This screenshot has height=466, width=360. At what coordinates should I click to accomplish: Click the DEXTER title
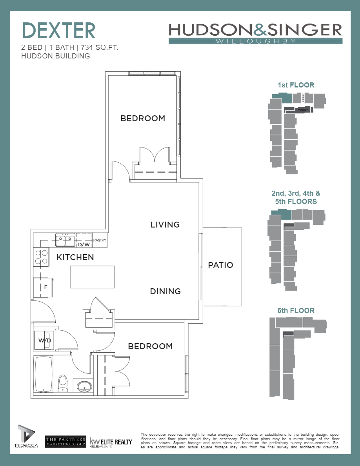[x=58, y=31]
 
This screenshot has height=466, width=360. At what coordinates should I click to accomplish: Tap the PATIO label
[x=220, y=265]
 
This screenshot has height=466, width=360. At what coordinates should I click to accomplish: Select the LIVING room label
[x=165, y=225]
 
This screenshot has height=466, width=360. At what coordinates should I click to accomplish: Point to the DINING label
[x=165, y=291]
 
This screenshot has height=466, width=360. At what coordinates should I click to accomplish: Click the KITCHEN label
[x=75, y=258]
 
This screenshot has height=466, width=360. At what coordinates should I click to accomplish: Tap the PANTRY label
[x=100, y=240]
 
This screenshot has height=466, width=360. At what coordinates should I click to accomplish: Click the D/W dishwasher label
[x=84, y=245]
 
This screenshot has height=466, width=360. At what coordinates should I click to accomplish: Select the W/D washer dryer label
[x=44, y=340]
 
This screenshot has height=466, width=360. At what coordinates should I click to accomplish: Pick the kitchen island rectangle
[x=93, y=277]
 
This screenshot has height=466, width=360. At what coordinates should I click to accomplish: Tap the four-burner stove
[x=41, y=257]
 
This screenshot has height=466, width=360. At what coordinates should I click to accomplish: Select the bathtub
[x=44, y=374]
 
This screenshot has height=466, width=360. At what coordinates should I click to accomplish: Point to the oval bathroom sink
[x=84, y=387]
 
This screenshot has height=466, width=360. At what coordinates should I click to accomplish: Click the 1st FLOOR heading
[x=296, y=85]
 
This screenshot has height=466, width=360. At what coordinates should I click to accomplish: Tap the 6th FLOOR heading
[x=296, y=311]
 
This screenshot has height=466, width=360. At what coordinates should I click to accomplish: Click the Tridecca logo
[x=26, y=437]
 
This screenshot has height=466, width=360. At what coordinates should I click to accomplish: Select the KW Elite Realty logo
[x=111, y=442]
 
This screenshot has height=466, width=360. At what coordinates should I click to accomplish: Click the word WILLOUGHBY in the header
[x=255, y=41]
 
